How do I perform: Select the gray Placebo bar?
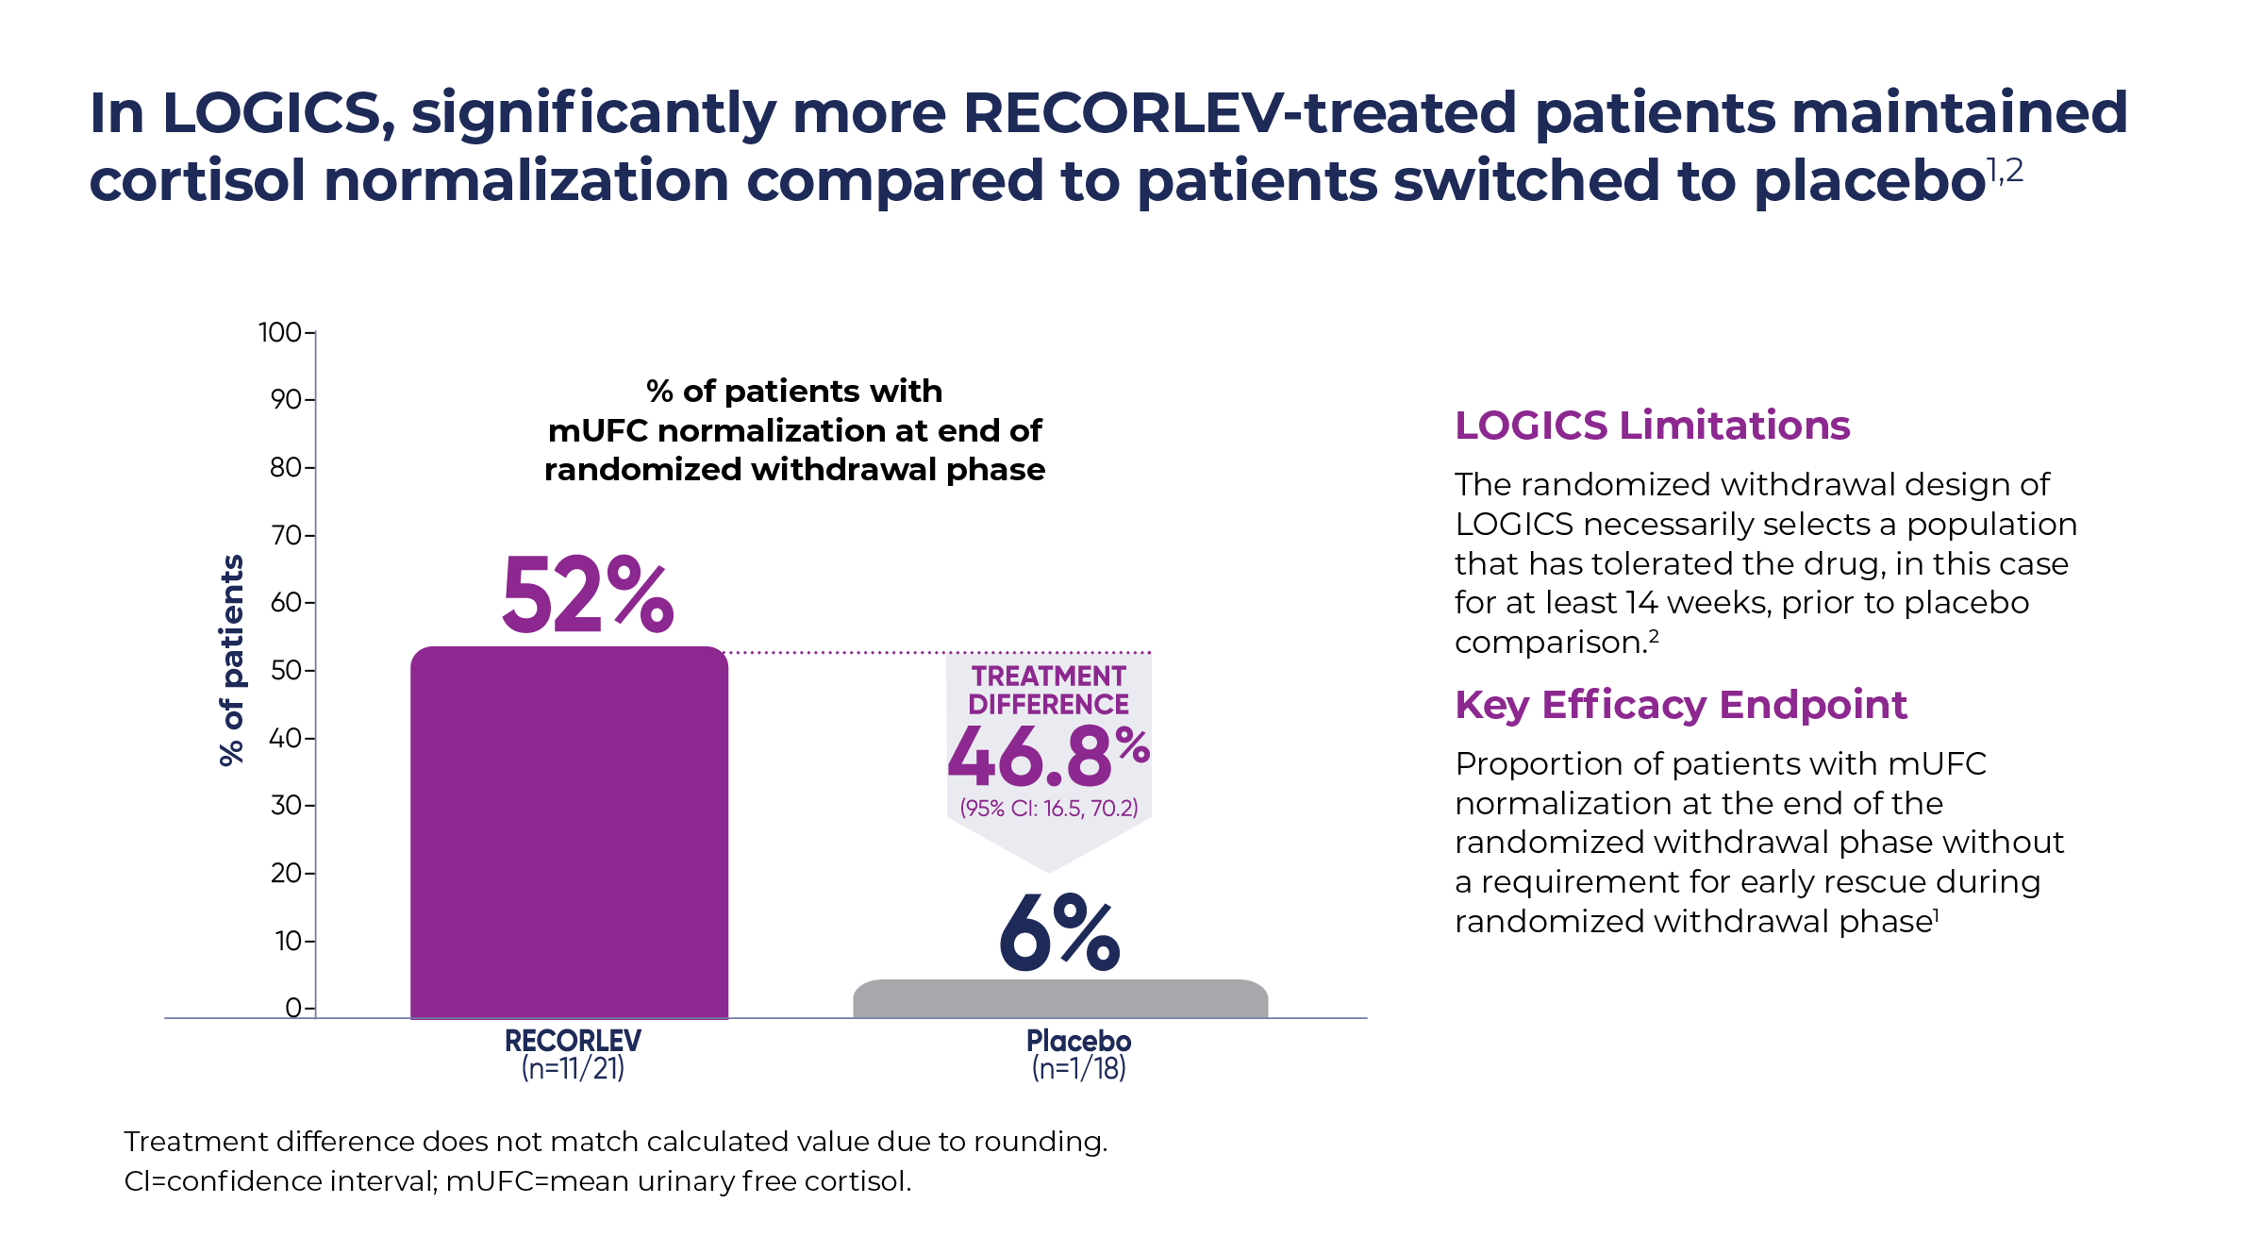point(1059,998)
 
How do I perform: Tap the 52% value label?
point(587,595)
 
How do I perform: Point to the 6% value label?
point(1059,933)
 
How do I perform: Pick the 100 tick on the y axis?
point(280,332)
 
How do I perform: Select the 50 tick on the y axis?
point(286,670)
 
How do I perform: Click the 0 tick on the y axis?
point(293,1008)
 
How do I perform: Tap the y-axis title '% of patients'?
point(231,660)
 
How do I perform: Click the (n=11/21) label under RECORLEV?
point(573,1069)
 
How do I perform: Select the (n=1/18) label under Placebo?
point(1078,1069)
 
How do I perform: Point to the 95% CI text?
point(1048,809)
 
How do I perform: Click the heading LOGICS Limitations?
point(1652,426)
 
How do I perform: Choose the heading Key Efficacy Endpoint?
point(1680,705)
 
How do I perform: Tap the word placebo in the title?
point(1869,180)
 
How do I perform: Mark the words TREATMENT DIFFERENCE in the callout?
point(1048,690)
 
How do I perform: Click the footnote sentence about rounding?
point(615,1142)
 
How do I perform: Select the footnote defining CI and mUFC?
point(517,1181)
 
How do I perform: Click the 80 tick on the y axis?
point(286,467)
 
